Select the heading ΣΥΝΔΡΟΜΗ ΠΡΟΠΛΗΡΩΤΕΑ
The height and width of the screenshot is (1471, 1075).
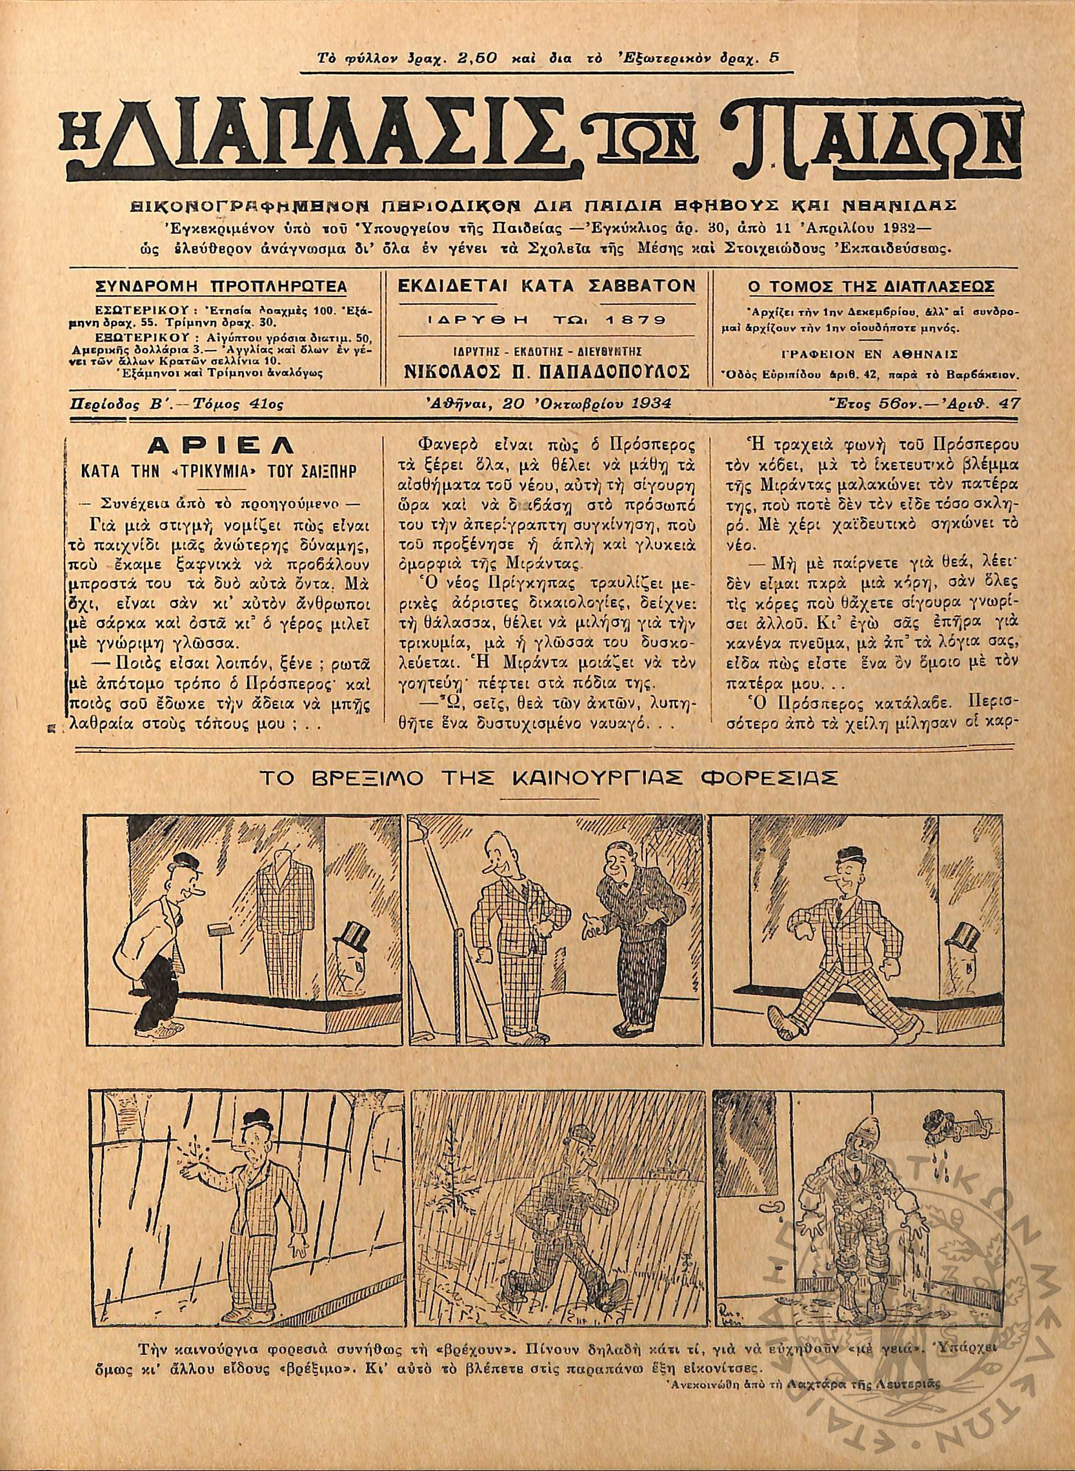click(221, 287)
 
